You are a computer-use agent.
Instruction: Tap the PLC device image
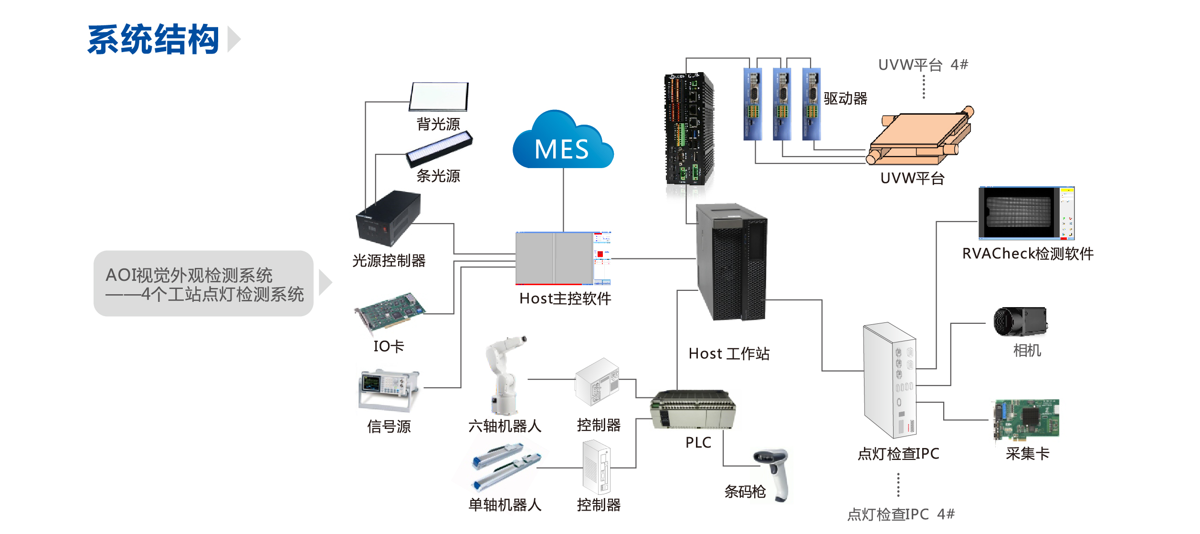693,410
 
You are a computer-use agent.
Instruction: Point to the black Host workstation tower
731,262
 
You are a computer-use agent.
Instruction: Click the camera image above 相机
1020,322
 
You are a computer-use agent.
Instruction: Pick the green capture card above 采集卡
1026,419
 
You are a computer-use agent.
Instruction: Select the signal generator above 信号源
388,389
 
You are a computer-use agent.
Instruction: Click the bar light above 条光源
439,149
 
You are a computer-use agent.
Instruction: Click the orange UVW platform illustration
919,136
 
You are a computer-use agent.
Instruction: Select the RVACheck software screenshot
1026,213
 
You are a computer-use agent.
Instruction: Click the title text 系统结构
153,39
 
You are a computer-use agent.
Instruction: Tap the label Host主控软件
565,299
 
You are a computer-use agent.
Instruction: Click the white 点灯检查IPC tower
889,380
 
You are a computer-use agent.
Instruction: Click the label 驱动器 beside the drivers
845,99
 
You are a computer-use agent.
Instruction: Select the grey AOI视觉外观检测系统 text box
204,284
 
